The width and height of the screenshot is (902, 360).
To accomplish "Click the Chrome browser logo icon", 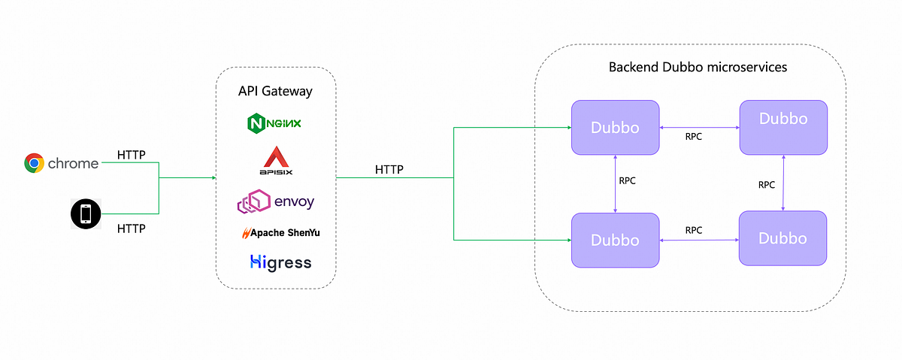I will [34, 163].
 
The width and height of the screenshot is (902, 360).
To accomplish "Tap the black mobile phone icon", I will [86, 215].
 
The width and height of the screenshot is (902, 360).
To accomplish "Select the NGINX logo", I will [275, 122].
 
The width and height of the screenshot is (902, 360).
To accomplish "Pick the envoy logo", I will [275, 201].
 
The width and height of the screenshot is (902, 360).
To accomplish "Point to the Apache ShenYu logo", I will [280, 232].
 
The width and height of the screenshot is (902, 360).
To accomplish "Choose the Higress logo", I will [280, 262].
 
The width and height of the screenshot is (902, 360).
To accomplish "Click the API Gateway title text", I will [275, 92].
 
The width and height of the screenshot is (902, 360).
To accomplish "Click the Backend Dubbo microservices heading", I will [697, 67].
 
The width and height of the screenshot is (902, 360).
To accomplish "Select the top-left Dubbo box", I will [615, 128].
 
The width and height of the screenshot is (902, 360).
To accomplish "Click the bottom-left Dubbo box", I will [615, 241].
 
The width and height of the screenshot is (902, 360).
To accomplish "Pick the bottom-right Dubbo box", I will [782, 238].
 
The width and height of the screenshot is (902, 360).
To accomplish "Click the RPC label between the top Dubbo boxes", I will [695, 137].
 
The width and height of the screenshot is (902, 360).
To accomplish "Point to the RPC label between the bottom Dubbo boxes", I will [694, 230].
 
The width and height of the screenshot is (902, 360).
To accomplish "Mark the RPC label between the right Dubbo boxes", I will [767, 184].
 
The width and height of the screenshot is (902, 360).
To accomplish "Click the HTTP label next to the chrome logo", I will [132, 155].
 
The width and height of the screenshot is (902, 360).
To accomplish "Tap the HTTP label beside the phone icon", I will [132, 227].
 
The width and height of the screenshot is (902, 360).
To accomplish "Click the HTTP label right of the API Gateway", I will [389, 170].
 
